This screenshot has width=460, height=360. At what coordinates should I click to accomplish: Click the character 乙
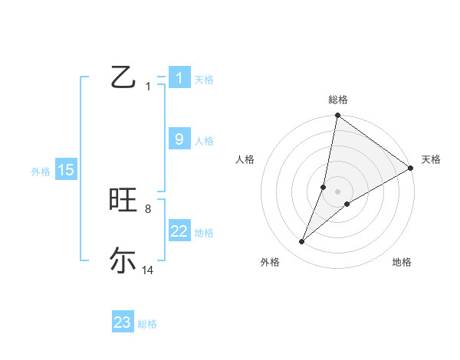123,77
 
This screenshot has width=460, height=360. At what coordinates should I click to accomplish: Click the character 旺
123,200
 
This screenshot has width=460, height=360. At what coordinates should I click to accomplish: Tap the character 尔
123,261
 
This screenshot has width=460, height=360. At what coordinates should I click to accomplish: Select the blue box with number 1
179,78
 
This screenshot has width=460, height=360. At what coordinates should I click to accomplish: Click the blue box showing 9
179,139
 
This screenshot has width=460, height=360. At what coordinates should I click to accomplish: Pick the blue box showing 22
179,231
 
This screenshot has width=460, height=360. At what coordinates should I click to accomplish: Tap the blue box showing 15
65,170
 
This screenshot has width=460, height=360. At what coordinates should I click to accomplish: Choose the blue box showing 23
123,322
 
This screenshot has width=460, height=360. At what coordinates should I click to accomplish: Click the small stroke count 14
148,270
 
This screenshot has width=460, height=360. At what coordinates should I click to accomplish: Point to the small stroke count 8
147,209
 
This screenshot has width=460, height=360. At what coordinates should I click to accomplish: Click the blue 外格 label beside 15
41,172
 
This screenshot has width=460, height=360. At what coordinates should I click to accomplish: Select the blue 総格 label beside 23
147,324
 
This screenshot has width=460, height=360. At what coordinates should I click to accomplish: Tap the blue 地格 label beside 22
204,233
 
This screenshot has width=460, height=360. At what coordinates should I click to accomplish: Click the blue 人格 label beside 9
204,141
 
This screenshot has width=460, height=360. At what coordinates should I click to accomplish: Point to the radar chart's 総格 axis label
338,100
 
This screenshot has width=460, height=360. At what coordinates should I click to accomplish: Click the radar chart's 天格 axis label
431,159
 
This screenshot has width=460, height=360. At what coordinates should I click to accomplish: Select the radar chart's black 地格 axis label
402,263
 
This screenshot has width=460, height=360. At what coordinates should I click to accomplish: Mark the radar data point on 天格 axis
411,168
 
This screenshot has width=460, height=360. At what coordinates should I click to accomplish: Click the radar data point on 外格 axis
302,242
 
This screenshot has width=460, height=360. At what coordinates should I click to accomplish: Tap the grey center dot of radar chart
338,191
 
